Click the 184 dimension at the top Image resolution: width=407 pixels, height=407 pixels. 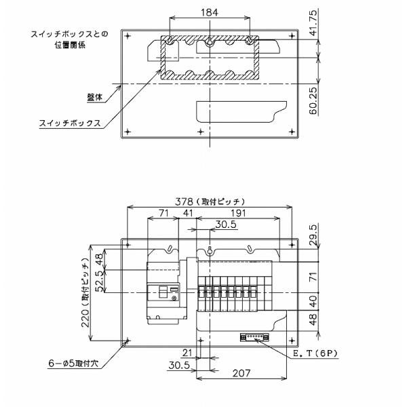210,12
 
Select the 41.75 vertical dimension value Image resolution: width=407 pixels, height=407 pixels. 313,23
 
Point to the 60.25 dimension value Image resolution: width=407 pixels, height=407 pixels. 313,100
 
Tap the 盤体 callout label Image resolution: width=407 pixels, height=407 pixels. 95,97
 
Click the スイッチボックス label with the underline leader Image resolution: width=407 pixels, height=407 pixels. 70,123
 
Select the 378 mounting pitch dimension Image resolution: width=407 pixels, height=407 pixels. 185,201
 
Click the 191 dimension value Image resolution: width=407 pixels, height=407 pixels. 238,213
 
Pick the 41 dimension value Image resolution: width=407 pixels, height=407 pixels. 188,213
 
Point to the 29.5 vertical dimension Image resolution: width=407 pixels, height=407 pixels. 313,235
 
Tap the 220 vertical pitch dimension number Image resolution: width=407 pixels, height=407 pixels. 85,317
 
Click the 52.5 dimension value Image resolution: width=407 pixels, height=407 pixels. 100,282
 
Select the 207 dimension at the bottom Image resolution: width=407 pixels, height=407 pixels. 241,373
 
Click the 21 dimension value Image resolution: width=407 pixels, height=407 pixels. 187,353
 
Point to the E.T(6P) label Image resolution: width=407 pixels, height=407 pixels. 315,353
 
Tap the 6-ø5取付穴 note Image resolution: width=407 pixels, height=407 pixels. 73,364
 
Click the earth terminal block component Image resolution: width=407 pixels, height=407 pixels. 254,337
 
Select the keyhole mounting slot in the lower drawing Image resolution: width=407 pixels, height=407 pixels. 210,250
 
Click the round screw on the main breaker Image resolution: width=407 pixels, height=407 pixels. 174,298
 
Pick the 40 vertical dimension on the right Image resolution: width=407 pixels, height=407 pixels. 313,301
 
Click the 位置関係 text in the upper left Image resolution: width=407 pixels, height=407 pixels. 70,45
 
